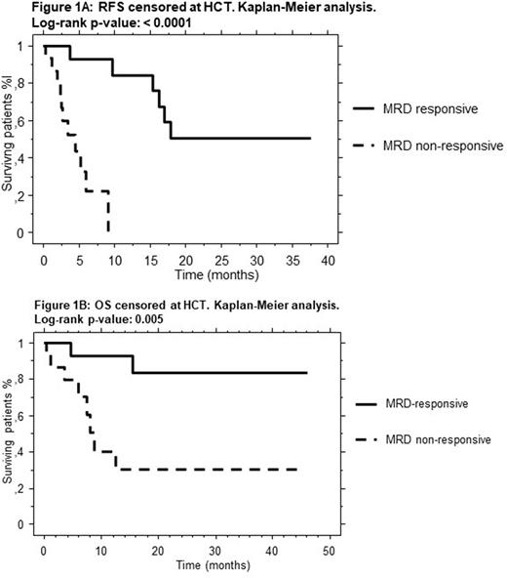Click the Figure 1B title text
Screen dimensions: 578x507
click(171, 306)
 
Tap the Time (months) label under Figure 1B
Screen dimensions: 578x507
click(180, 566)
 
